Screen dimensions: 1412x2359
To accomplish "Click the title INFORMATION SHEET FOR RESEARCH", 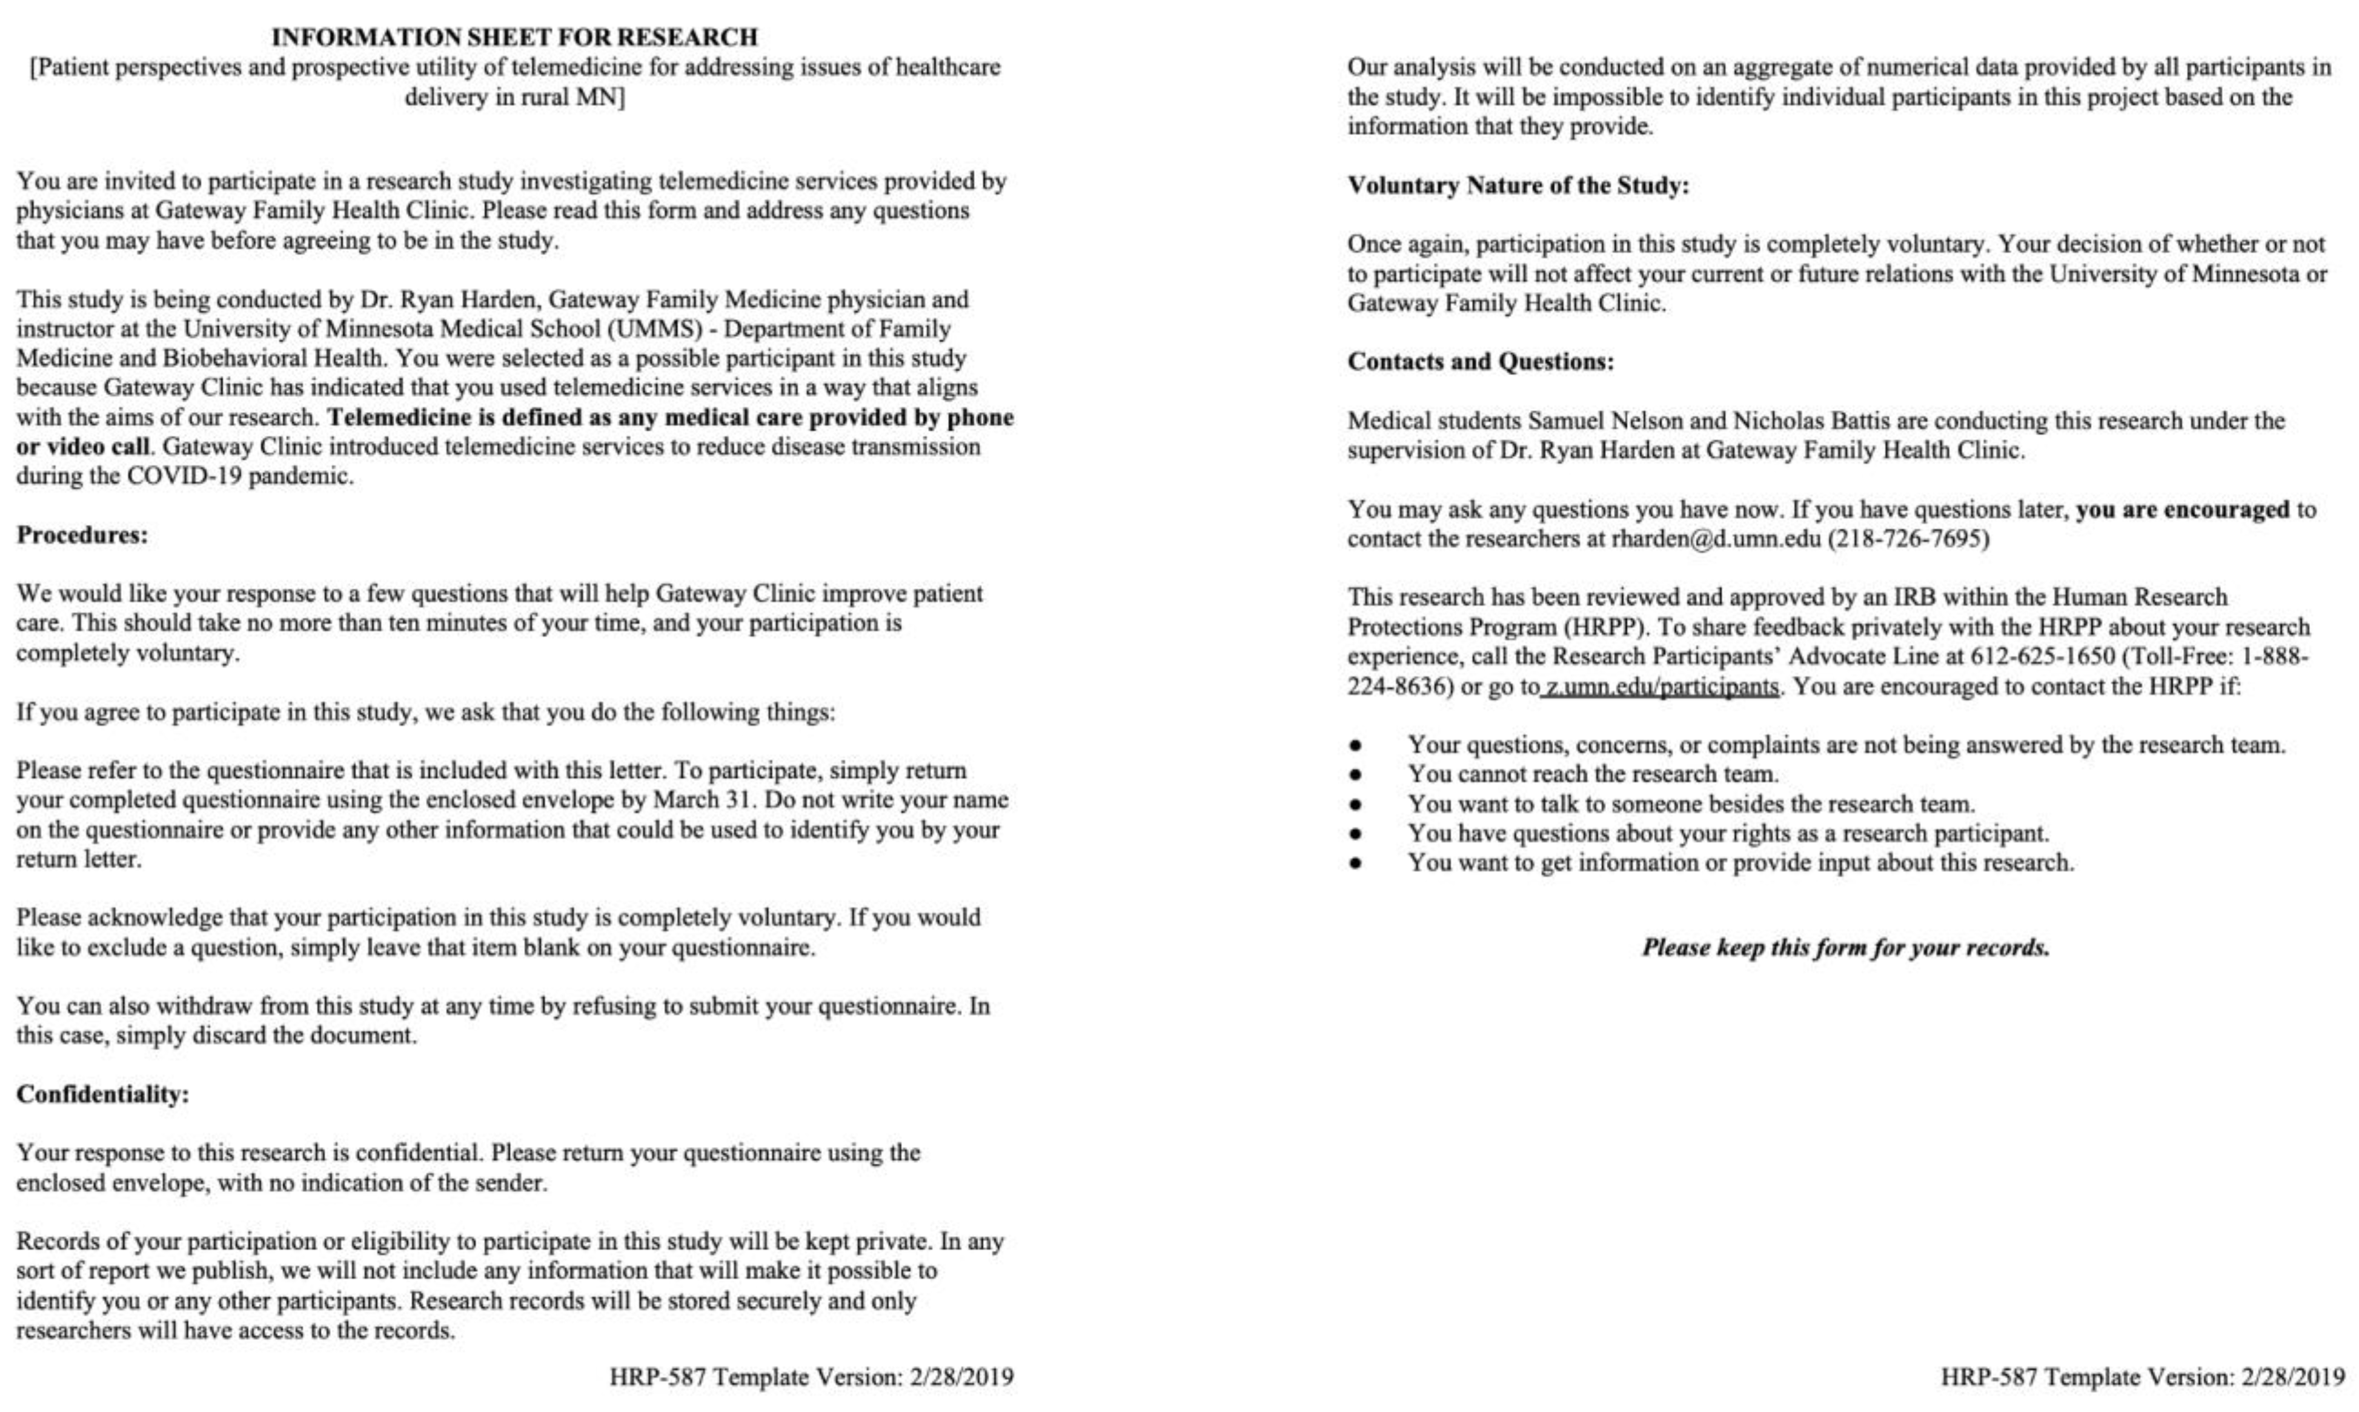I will pyautogui.click(x=514, y=37).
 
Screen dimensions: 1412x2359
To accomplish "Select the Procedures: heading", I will pyautogui.click(x=82, y=534).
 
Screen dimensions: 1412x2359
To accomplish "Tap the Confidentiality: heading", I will pyautogui.click(x=103, y=1094).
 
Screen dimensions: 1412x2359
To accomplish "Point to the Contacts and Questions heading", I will pyautogui.click(x=1480, y=362).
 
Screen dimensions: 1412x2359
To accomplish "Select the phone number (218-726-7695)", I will pyautogui.click(x=1907, y=539).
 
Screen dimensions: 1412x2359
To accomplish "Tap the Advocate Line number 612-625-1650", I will pyautogui.click(x=2042, y=656).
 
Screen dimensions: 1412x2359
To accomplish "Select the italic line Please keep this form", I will pyautogui.click(x=1845, y=948).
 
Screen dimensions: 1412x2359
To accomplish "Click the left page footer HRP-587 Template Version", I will pyautogui.click(x=811, y=1377).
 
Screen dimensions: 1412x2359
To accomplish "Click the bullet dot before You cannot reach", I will pyautogui.click(x=1355, y=774).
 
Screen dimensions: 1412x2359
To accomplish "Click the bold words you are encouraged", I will pyautogui.click(x=2182, y=509).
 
